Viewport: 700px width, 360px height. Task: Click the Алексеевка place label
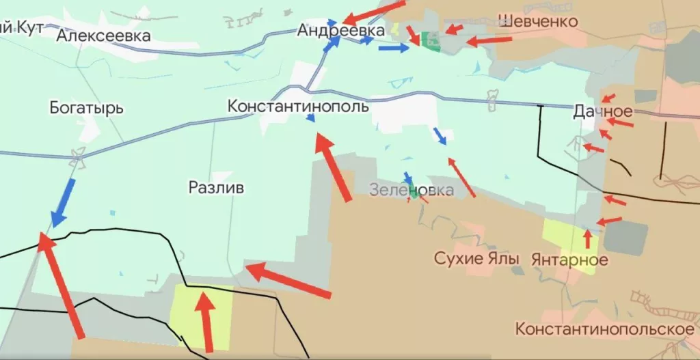(104, 36)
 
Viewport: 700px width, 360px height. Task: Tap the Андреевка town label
(340, 30)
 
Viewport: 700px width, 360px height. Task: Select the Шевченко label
(537, 21)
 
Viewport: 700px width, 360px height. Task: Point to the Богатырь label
(86, 108)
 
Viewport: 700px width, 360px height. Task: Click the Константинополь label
(298, 107)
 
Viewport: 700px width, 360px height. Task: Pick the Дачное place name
(603, 111)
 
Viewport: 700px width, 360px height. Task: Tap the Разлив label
(216, 188)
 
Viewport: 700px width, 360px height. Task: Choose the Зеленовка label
(411, 190)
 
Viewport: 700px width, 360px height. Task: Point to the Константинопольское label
(605, 329)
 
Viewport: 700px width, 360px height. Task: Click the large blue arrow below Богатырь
(64, 202)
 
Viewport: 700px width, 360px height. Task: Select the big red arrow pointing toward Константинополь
(334, 167)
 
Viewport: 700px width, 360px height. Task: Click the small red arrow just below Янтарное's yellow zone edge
(587, 238)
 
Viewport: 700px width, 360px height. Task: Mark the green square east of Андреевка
(431, 41)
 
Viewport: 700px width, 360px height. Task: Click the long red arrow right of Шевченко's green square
(489, 41)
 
